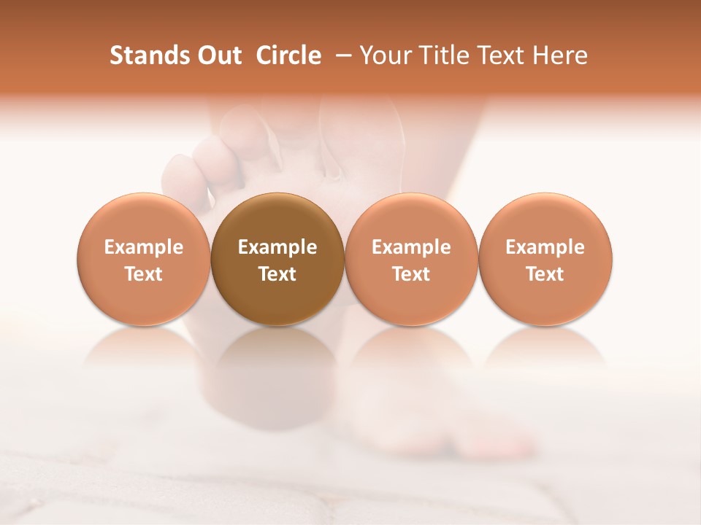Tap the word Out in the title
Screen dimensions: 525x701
pyautogui.click(x=218, y=55)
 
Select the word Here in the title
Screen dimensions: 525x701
pyautogui.click(x=560, y=55)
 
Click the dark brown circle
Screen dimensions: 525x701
pyautogui.click(x=277, y=259)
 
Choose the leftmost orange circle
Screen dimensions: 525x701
pyautogui.click(x=144, y=259)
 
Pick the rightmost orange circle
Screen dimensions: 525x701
pyautogui.click(x=545, y=259)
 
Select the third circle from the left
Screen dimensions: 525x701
pyautogui.click(x=411, y=259)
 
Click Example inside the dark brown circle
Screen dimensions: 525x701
pyautogui.click(x=277, y=247)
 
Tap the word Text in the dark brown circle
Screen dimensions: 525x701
pyautogui.click(x=277, y=274)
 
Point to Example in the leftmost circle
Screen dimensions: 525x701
pyautogui.click(x=144, y=247)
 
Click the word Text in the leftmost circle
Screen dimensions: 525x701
pyautogui.click(x=144, y=274)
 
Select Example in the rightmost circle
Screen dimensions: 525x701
pyautogui.click(x=545, y=247)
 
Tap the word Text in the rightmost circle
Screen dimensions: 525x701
pyautogui.click(x=545, y=274)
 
